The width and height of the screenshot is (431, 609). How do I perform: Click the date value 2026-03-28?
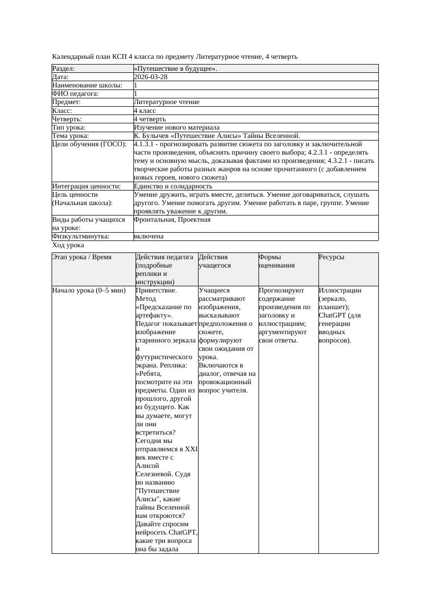pos(151,77)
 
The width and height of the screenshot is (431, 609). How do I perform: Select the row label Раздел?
pos(64,69)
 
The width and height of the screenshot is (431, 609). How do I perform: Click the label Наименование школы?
pos(88,85)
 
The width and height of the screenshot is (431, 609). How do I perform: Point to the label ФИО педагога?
pos(76,94)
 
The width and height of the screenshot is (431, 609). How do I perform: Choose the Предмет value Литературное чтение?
pos(166,102)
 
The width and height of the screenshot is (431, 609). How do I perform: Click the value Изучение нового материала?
pos(177,128)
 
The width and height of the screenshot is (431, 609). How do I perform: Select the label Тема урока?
pos(70,136)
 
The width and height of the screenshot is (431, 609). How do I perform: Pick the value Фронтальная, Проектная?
pos(172,220)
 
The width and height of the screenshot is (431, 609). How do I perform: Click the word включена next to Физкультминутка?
pos(149,236)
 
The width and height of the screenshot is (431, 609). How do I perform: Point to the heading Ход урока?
pos(68,245)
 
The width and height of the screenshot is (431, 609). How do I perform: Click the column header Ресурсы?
pos(331,257)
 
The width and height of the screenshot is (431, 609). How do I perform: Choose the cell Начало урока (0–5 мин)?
pos(89,290)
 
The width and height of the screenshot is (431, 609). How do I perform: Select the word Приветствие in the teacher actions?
pos(156,290)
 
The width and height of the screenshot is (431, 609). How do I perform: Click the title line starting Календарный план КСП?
pos(175,56)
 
